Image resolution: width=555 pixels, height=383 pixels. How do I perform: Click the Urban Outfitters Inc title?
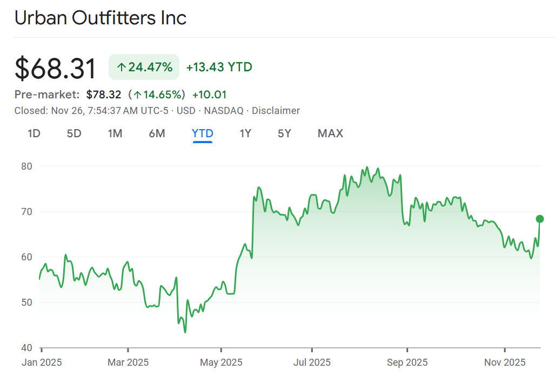click(101, 18)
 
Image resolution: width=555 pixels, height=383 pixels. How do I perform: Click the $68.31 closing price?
click(56, 69)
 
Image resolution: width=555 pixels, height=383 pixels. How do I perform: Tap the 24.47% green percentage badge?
click(144, 67)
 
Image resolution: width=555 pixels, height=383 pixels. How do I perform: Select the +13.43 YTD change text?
click(219, 67)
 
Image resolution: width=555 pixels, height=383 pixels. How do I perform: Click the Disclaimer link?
click(276, 111)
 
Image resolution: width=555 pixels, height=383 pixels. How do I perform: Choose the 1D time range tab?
click(34, 133)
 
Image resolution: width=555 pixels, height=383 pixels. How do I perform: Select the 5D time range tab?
click(74, 133)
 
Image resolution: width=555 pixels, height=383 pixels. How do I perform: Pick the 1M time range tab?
click(115, 133)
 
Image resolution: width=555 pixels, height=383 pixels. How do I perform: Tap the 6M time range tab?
click(157, 133)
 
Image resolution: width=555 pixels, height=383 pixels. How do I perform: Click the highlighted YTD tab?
click(203, 133)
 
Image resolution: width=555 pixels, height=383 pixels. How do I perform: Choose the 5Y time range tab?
click(284, 133)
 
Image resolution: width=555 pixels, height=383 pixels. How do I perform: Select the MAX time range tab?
click(330, 133)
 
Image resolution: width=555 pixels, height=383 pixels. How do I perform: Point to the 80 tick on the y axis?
click(27, 166)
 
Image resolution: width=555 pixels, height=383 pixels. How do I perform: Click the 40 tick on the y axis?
click(27, 348)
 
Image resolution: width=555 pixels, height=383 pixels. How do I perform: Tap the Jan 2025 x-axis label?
click(42, 362)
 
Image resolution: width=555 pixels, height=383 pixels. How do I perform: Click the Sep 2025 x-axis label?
click(407, 362)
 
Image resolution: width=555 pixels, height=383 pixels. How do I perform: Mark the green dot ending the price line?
click(539, 219)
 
